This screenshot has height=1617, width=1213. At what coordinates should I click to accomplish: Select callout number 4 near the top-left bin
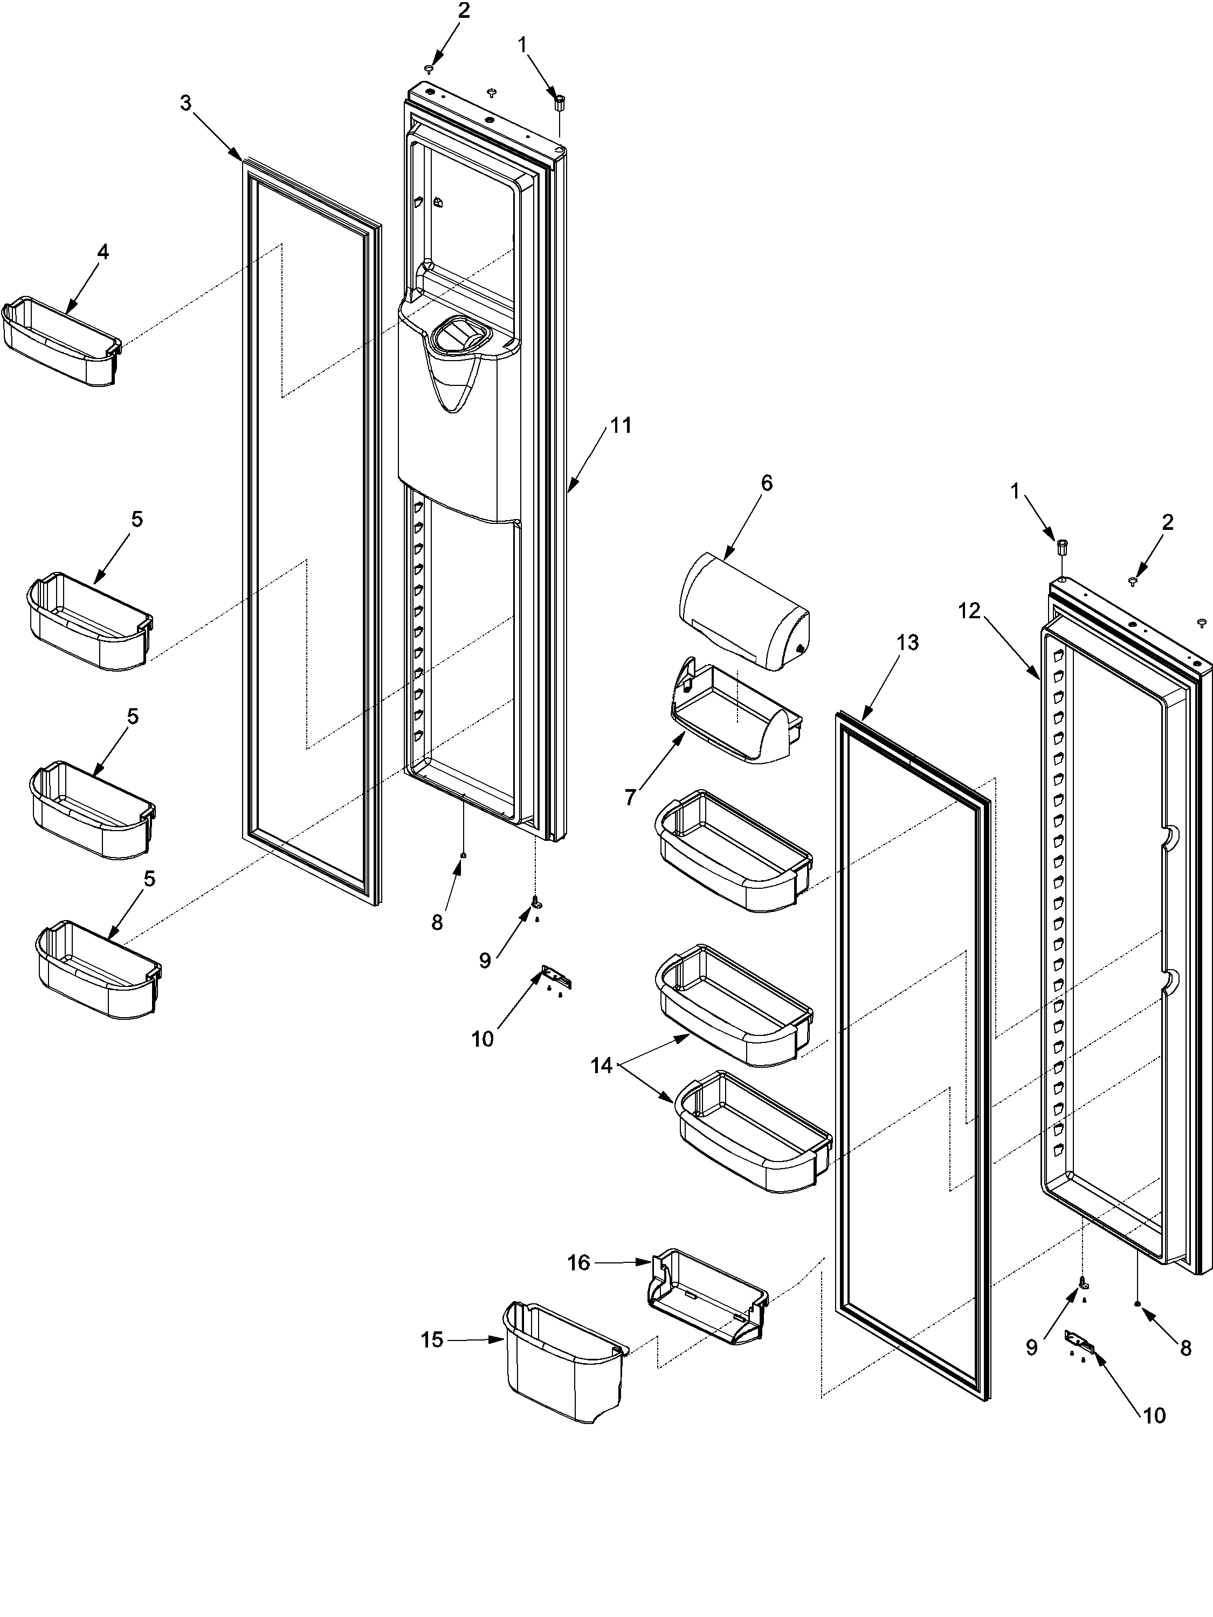pyautogui.click(x=102, y=252)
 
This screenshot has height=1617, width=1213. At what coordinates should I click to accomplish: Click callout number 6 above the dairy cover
pyautogui.click(x=766, y=482)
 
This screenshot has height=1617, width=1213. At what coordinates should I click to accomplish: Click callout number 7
pyautogui.click(x=631, y=796)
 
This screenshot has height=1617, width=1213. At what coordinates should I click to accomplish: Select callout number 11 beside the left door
pyautogui.click(x=621, y=425)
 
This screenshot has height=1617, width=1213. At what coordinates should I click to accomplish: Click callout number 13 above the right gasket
pyautogui.click(x=907, y=642)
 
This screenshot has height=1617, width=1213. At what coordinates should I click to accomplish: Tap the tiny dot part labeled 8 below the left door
pyautogui.click(x=462, y=854)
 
